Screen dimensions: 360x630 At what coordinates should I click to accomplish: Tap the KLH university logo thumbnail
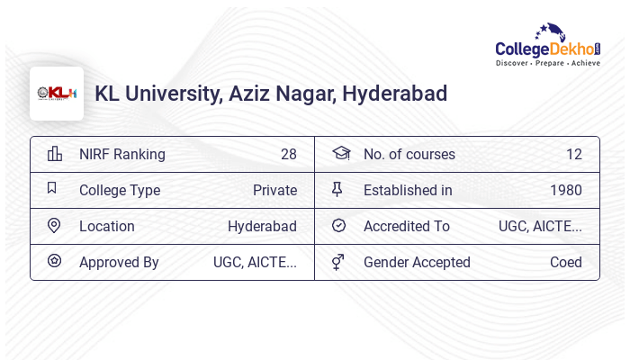coord(57,94)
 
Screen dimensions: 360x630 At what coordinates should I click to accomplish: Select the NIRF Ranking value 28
coord(289,154)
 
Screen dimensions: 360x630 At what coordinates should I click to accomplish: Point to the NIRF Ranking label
coord(122,154)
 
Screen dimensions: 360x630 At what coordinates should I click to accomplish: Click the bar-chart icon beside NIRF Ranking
coord(55,154)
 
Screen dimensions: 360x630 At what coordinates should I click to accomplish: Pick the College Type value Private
coord(274,190)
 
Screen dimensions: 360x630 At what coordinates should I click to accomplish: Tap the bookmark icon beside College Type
coord(52,189)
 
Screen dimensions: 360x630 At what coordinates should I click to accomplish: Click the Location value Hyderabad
coord(262,226)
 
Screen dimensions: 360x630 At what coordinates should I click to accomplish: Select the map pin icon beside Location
coord(54,226)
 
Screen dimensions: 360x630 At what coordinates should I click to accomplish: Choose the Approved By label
coord(119,262)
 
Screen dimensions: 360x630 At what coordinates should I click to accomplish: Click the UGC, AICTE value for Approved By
coord(255,262)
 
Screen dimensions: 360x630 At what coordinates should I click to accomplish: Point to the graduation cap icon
coord(340,154)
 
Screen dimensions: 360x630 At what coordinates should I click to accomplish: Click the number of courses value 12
coord(574,154)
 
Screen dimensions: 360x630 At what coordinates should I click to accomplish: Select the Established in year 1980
coord(566,190)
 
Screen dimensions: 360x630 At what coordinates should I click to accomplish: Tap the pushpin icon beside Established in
coord(337,190)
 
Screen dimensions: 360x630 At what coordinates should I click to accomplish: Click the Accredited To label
coord(407,226)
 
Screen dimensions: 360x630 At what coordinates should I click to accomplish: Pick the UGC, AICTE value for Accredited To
coord(540,226)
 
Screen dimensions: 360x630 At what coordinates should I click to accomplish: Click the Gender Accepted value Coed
coord(566,262)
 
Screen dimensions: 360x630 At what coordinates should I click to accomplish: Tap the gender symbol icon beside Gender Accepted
coord(337,262)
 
